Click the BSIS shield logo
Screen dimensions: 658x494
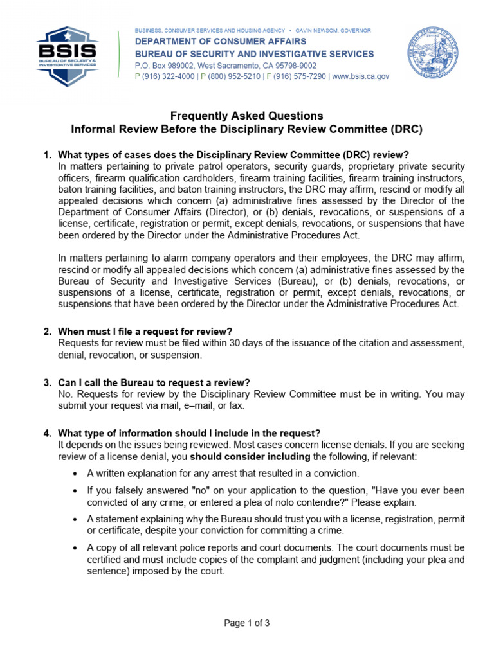(68, 57)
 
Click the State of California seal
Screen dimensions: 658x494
(432, 53)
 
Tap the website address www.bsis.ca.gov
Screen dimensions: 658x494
(361, 76)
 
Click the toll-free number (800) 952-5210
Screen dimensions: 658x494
(234, 76)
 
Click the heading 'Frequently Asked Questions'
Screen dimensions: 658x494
(246, 116)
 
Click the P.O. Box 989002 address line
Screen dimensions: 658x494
(225, 66)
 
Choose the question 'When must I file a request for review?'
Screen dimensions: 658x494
(145, 332)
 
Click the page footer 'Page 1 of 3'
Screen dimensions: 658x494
(246, 623)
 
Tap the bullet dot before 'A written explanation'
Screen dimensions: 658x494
(75, 474)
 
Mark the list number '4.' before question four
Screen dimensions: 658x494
(48, 434)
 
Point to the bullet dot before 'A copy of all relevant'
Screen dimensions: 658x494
(75, 547)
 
